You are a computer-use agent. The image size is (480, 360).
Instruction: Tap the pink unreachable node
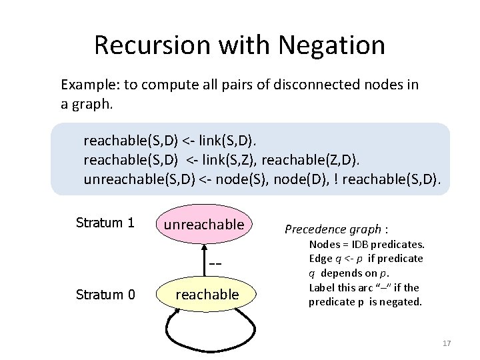pos(204,224)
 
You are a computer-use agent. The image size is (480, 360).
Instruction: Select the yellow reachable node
pos(207,294)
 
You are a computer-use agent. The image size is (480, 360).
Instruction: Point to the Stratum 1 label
pos(105,223)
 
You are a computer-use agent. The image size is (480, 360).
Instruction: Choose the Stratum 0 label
pos(105,294)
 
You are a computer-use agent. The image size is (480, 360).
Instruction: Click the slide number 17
pos(447,343)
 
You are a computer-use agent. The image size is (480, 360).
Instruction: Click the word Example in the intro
pos(86,85)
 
